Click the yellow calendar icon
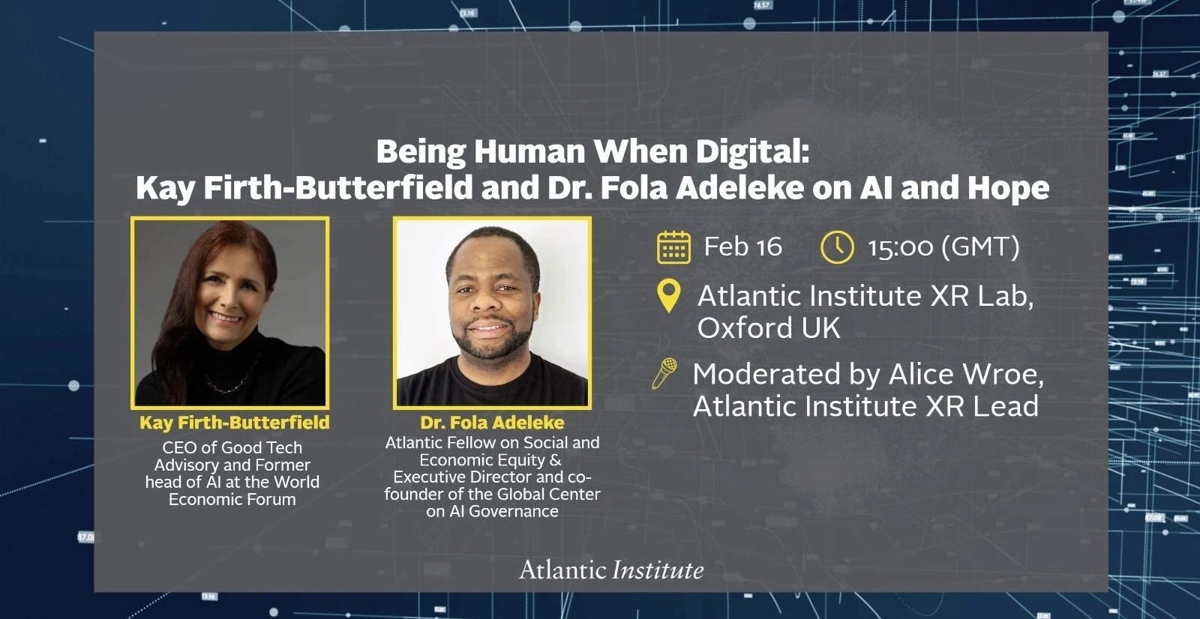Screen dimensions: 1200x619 point(673,247)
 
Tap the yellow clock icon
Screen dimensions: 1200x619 point(837,247)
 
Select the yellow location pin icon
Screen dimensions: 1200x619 point(668,295)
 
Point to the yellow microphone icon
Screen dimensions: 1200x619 point(664,373)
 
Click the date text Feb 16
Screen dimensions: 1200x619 point(743,247)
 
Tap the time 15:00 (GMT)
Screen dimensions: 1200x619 point(944,247)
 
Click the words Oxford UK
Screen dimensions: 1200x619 point(769,327)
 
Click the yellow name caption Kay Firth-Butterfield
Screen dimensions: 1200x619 point(235,423)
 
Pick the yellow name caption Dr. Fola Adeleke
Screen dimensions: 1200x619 point(492,423)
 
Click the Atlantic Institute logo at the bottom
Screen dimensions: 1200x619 point(611,570)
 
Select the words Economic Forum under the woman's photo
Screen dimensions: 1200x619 point(232,500)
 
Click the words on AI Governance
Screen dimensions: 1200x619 point(492,511)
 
